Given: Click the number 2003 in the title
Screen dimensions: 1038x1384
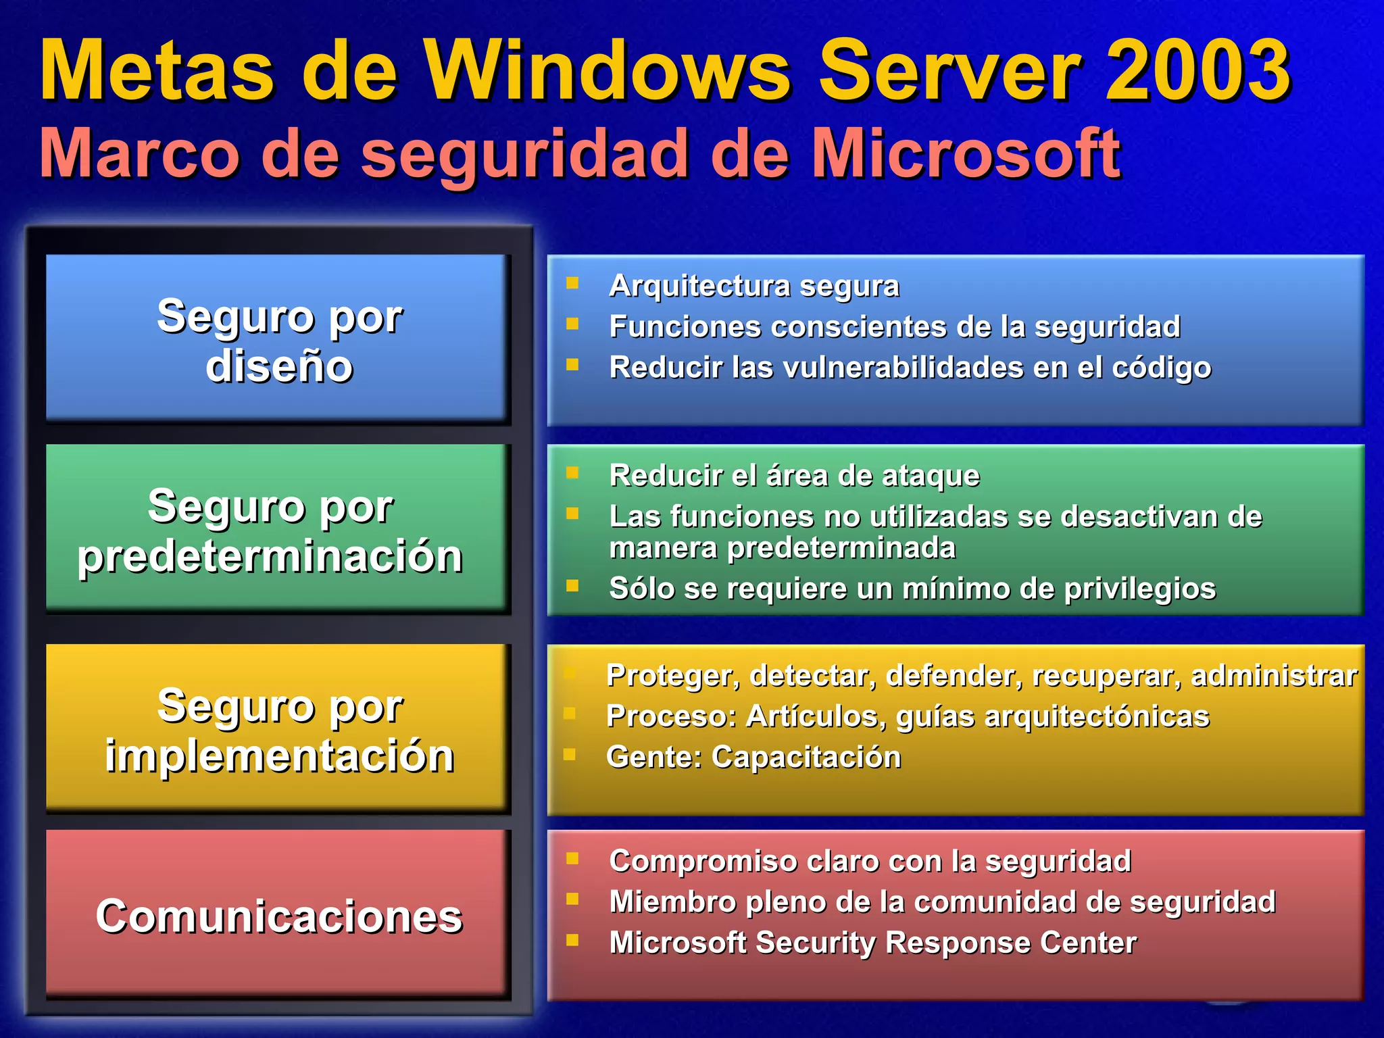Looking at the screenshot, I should pos(1197,70).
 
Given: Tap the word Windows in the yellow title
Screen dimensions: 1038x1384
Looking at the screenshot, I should pos(607,70).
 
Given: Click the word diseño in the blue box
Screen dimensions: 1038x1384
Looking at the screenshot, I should pos(279,367).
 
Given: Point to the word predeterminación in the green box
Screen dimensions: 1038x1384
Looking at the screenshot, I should pos(270,557).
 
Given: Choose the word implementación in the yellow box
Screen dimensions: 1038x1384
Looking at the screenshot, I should pos(279,756).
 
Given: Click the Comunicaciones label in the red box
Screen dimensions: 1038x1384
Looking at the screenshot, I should pos(279,917).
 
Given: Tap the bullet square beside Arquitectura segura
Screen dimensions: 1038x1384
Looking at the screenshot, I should pos(572,283).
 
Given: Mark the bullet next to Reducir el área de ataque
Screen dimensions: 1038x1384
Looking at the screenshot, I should pos(572,472).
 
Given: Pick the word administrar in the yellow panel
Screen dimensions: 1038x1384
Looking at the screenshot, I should pos(1274,676).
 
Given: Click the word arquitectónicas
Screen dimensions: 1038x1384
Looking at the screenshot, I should pos(1097,716).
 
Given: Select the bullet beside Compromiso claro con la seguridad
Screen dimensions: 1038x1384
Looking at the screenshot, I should pos(572,859).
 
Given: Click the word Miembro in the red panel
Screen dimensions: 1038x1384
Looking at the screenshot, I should pos(672,902).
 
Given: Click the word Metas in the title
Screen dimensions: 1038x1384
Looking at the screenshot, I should pos(157,70).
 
